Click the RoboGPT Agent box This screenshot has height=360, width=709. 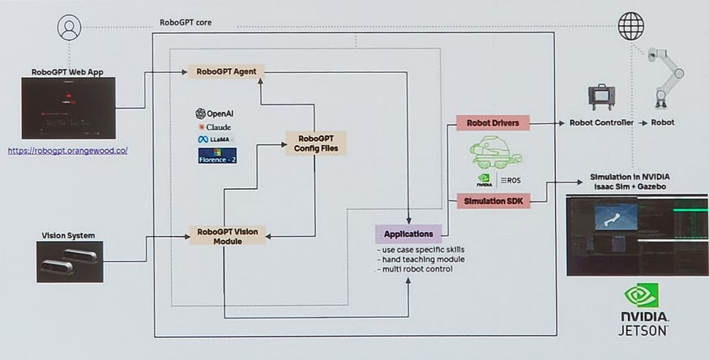click(227, 71)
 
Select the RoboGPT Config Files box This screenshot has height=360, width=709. click(316, 144)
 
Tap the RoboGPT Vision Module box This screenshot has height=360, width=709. click(228, 236)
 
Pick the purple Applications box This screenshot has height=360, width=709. click(408, 234)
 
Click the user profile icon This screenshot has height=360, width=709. click(70, 28)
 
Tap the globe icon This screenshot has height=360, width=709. click(630, 27)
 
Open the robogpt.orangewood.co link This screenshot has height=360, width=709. click(68, 151)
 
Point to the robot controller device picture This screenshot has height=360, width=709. click(601, 96)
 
